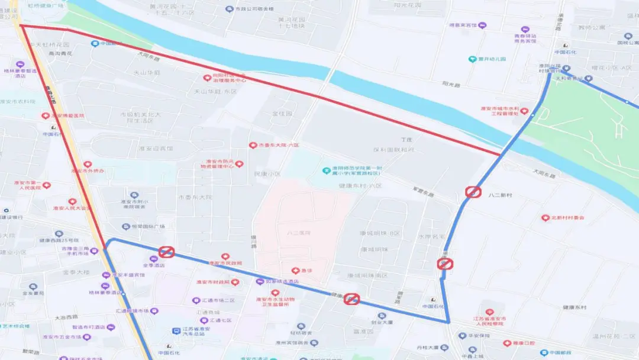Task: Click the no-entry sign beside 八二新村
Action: coord(473,192)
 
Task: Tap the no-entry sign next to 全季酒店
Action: coord(166,252)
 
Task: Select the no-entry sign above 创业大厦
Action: coord(352,299)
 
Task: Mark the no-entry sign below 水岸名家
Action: coord(444,264)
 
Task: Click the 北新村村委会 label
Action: coord(567,218)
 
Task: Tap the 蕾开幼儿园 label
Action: coord(491,59)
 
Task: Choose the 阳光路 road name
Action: coord(451,85)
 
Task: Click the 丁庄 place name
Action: coord(406,140)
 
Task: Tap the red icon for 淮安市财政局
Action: coord(235,282)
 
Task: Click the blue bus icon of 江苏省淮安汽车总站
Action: coord(176,331)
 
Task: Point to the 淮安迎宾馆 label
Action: coord(156,149)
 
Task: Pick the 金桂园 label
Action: coord(282,112)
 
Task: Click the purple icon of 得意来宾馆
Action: coord(482,25)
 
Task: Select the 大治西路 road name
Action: coord(66,317)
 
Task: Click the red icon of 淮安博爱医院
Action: coord(45,116)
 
